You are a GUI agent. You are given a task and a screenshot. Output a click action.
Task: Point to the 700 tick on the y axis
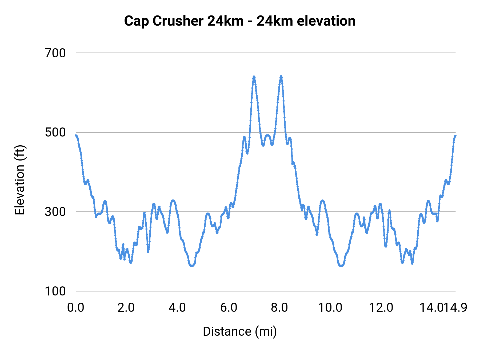(55, 53)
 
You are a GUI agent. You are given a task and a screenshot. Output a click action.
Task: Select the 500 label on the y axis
(55, 132)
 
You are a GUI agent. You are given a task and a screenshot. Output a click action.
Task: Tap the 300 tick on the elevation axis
(55, 212)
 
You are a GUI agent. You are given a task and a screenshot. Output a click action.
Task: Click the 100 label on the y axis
(55, 291)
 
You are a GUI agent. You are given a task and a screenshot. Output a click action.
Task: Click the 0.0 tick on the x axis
(76, 308)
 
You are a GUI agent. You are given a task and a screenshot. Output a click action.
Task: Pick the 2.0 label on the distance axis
(126, 308)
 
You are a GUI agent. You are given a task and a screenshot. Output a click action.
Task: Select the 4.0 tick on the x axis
(177, 308)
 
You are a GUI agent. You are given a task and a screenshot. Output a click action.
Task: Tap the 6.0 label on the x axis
(229, 308)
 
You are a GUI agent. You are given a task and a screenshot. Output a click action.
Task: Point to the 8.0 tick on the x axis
(279, 308)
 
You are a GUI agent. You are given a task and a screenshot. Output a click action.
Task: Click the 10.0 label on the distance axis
(330, 308)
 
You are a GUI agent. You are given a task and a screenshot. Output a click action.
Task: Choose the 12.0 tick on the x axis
(381, 308)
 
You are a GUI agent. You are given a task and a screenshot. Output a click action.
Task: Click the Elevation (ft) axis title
(20, 180)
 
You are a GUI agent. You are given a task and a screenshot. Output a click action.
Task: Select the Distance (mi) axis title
(240, 331)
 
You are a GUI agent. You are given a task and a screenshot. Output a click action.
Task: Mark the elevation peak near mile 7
(254, 77)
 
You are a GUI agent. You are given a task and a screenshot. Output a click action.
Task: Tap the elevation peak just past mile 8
(281, 77)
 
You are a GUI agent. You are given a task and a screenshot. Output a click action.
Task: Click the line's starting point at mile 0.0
(76, 135)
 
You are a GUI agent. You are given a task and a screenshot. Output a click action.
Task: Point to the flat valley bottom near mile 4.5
(192, 266)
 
